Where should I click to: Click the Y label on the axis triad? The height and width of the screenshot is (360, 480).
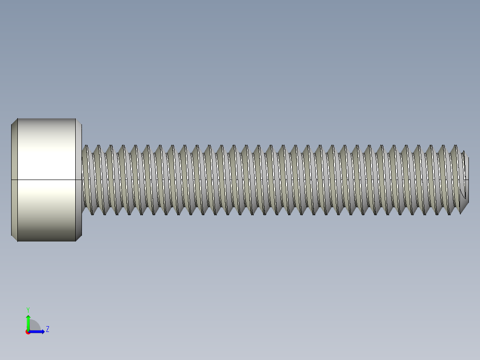(28, 309)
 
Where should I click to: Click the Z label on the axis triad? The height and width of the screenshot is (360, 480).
(47, 329)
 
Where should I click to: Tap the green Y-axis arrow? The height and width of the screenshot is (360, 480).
(28, 321)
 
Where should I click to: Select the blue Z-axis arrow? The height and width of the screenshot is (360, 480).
(38, 331)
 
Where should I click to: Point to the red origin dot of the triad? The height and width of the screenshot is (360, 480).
(28, 332)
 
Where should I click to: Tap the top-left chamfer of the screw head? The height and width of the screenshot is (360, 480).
(14, 122)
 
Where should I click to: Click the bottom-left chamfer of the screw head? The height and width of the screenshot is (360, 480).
(14, 238)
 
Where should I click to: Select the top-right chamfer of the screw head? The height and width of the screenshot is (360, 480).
(79, 122)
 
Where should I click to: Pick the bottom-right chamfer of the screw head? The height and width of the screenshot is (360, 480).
(79, 238)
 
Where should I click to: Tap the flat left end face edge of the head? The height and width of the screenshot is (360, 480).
(11, 180)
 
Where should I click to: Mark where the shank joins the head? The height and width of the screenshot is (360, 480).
(82, 180)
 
